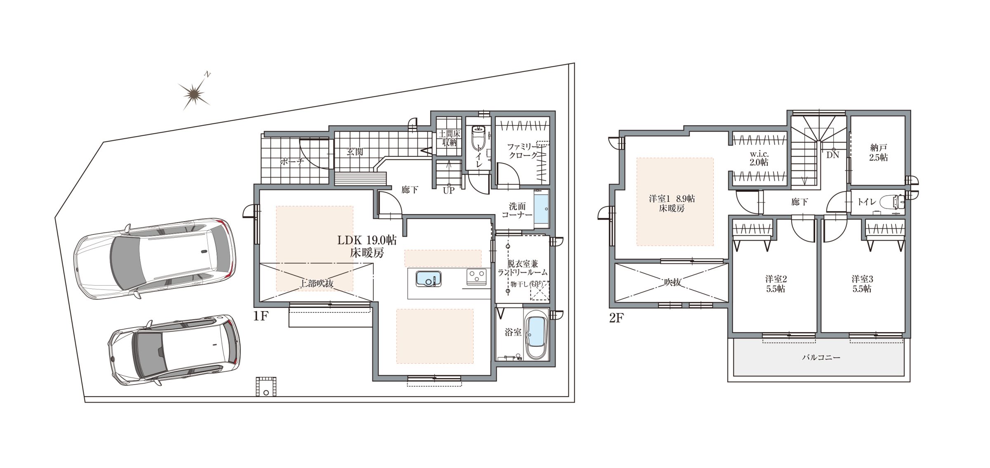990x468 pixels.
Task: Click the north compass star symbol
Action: (x=193, y=95)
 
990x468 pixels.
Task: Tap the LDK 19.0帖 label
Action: (x=367, y=240)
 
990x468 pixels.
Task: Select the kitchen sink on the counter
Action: (x=428, y=279)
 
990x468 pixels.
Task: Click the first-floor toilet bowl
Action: (x=478, y=139)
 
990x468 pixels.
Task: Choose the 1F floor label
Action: (x=261, y=316)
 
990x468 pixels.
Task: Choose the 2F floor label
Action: (x=616, y=318)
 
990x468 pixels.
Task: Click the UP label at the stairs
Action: (x=448, y=191)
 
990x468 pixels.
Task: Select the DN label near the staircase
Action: (x=833, y=155)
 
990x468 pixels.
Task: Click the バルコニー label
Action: (x=821, y=357)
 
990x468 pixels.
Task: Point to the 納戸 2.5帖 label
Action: (x=879, y=152)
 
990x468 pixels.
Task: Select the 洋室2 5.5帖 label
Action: (x=775, y=284)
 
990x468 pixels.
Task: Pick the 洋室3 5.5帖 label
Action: (x=862, y=284)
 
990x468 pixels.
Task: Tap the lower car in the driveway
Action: (x=174, y=350)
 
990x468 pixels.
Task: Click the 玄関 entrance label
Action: (x=355, y=152)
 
